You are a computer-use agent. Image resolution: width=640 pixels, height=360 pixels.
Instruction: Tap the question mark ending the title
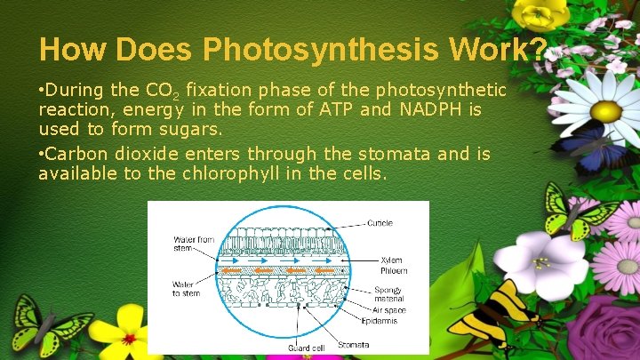(x=535, y=51)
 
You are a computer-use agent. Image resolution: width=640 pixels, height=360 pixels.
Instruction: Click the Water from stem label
(x=194, y=243)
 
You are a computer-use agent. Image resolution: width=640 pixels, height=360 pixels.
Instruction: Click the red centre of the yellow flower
(x=130, y=338)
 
